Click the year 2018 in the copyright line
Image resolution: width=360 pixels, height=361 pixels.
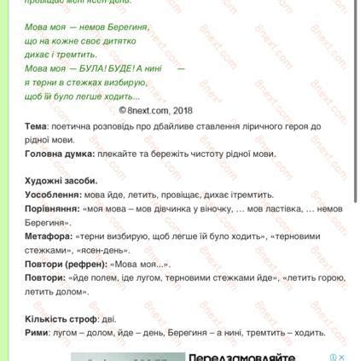[x=182, y=111]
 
